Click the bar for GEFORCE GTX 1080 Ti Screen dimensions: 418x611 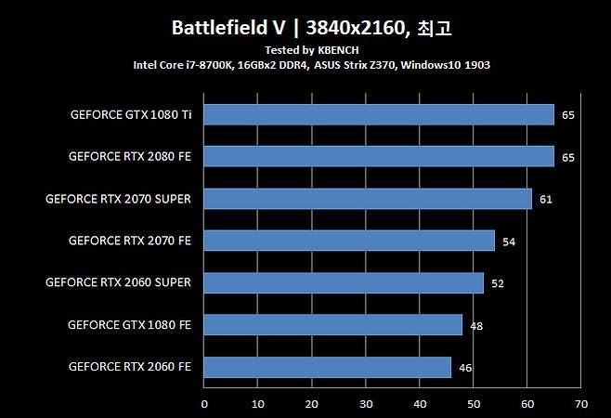pyautogui.click(x=379, y=115)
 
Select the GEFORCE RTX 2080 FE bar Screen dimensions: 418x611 pyautogui.click(x=379, y=157)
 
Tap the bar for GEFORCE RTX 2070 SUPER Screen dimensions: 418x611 pyautogui.click(x=368, y=199)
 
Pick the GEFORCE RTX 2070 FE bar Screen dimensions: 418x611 pyautogui.click(x=349, y=241)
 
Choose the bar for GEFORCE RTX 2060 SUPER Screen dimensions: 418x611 pyautogui.click(x=344, y=282)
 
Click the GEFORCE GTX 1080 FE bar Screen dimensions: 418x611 pyautogui.click(x=332, y=324)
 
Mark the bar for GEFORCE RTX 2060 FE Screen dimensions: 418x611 pyautogui.click(x=327, y=367)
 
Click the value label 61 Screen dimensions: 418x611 pyautogui.click(x=546, y=200)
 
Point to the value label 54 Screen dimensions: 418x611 pyautogui.click(x=508, y=242)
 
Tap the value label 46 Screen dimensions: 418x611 pyautogui.click(x=465, y=368)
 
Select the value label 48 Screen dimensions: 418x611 pyautogui.click(x=476, y=326)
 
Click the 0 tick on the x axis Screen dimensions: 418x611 pyautogui.click(x=204, y=404)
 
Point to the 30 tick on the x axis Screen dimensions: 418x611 pyautogui.click(x=366, y=404)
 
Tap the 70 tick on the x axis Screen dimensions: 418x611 pyautogui.click(x=581, y=404)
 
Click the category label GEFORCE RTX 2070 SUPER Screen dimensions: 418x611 pyautogui.click(x=118, y=199)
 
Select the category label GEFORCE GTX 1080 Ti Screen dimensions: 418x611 pyautogui.click(x=131, y=115)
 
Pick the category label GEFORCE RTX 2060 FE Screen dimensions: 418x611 pyautogui.click(x=130, y=367)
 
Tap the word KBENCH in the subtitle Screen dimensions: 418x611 pyautogui.click(x=339, y=49)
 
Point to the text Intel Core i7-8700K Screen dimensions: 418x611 pyautogui.click(x=183, y=65)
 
